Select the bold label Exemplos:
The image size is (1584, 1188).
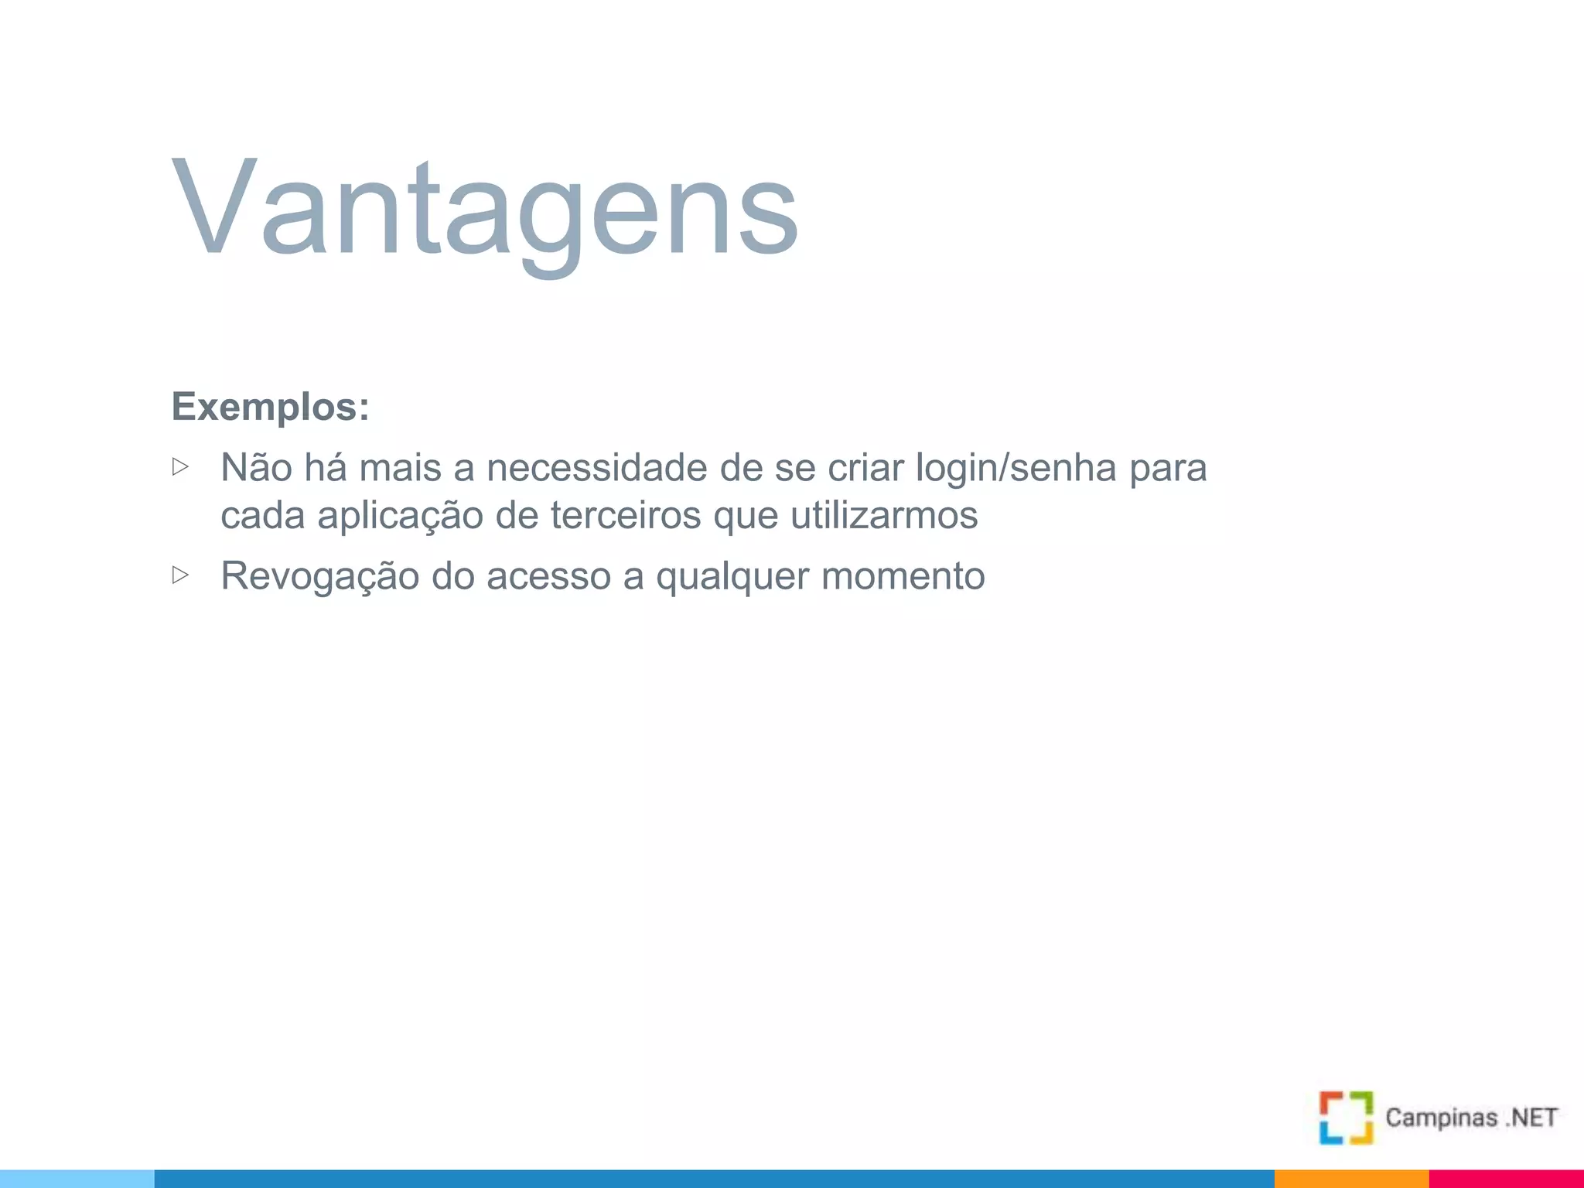coord(270,407)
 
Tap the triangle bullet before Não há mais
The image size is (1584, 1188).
coord(180,466)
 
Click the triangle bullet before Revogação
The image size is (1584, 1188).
coord(180,575)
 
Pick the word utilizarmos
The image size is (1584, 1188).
coord(883,515)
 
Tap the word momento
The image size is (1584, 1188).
coord(903,576)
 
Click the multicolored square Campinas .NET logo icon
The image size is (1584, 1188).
coord(1346,1118)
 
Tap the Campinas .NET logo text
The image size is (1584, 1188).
coord(1471,1118)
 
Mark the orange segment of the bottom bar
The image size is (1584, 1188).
coord(1351,1179)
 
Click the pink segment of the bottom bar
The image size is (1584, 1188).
coord(1506,1179)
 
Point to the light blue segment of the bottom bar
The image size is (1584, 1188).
coord(77,1179)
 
